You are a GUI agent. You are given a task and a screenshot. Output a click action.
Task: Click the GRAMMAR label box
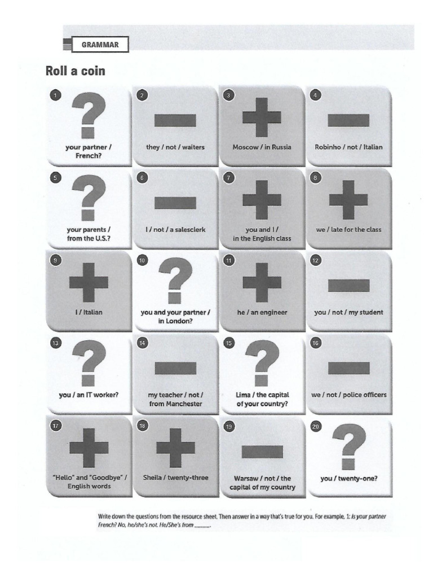pos(100,44)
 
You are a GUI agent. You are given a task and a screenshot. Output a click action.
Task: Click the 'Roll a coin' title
pos(75,72)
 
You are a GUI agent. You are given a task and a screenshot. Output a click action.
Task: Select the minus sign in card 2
pos(175,120)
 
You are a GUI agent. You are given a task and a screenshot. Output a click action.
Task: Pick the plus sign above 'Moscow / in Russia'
pos(262,116)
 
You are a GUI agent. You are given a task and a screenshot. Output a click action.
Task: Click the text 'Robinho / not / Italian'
pos(348,147)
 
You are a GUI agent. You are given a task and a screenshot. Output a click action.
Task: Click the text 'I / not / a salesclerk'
pos(175,230)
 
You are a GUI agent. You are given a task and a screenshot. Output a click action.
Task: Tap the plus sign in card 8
pos(348,199)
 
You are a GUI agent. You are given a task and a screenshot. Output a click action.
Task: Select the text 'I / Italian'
pos(88,312)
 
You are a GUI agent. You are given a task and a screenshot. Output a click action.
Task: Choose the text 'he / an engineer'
pos(262,312)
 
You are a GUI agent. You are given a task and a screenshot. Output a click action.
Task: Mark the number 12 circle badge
pos(316,260)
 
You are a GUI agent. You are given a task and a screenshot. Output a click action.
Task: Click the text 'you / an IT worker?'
pos(88,395)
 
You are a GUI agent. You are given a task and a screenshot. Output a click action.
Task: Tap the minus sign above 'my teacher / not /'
pos(175,367)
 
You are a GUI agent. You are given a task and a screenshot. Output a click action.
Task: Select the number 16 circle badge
pos(316,343)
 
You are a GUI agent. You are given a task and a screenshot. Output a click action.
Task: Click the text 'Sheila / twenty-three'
pos(175,478)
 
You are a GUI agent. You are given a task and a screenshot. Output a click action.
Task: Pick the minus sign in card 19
pos(262,450)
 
